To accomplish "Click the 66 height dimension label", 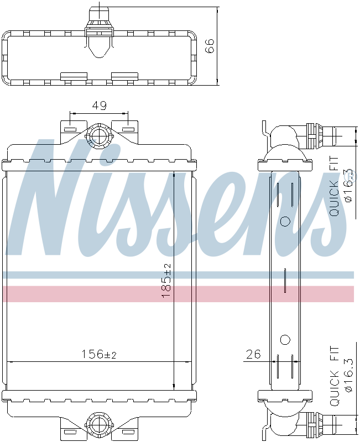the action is click(210, 46).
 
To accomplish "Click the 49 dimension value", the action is click(100, 106).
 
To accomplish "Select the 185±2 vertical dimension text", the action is click(166, 281).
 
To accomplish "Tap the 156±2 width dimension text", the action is click(99, 354).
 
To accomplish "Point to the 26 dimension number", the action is click(253, 354).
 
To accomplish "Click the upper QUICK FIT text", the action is click(334, 187).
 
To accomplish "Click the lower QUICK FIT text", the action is click(334, 376).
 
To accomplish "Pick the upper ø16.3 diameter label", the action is click(349, 186).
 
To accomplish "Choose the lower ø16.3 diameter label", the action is click(349, 375).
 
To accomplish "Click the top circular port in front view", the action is click(100, 135).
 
